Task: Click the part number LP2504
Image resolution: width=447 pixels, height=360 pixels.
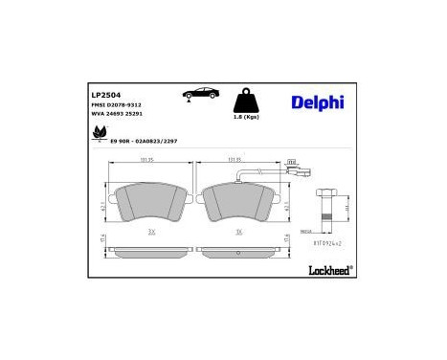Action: (105, 95)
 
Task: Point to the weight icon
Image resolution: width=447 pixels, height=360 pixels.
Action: (247, 100)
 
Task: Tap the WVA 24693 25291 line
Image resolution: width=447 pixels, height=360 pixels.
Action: (117, 116)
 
